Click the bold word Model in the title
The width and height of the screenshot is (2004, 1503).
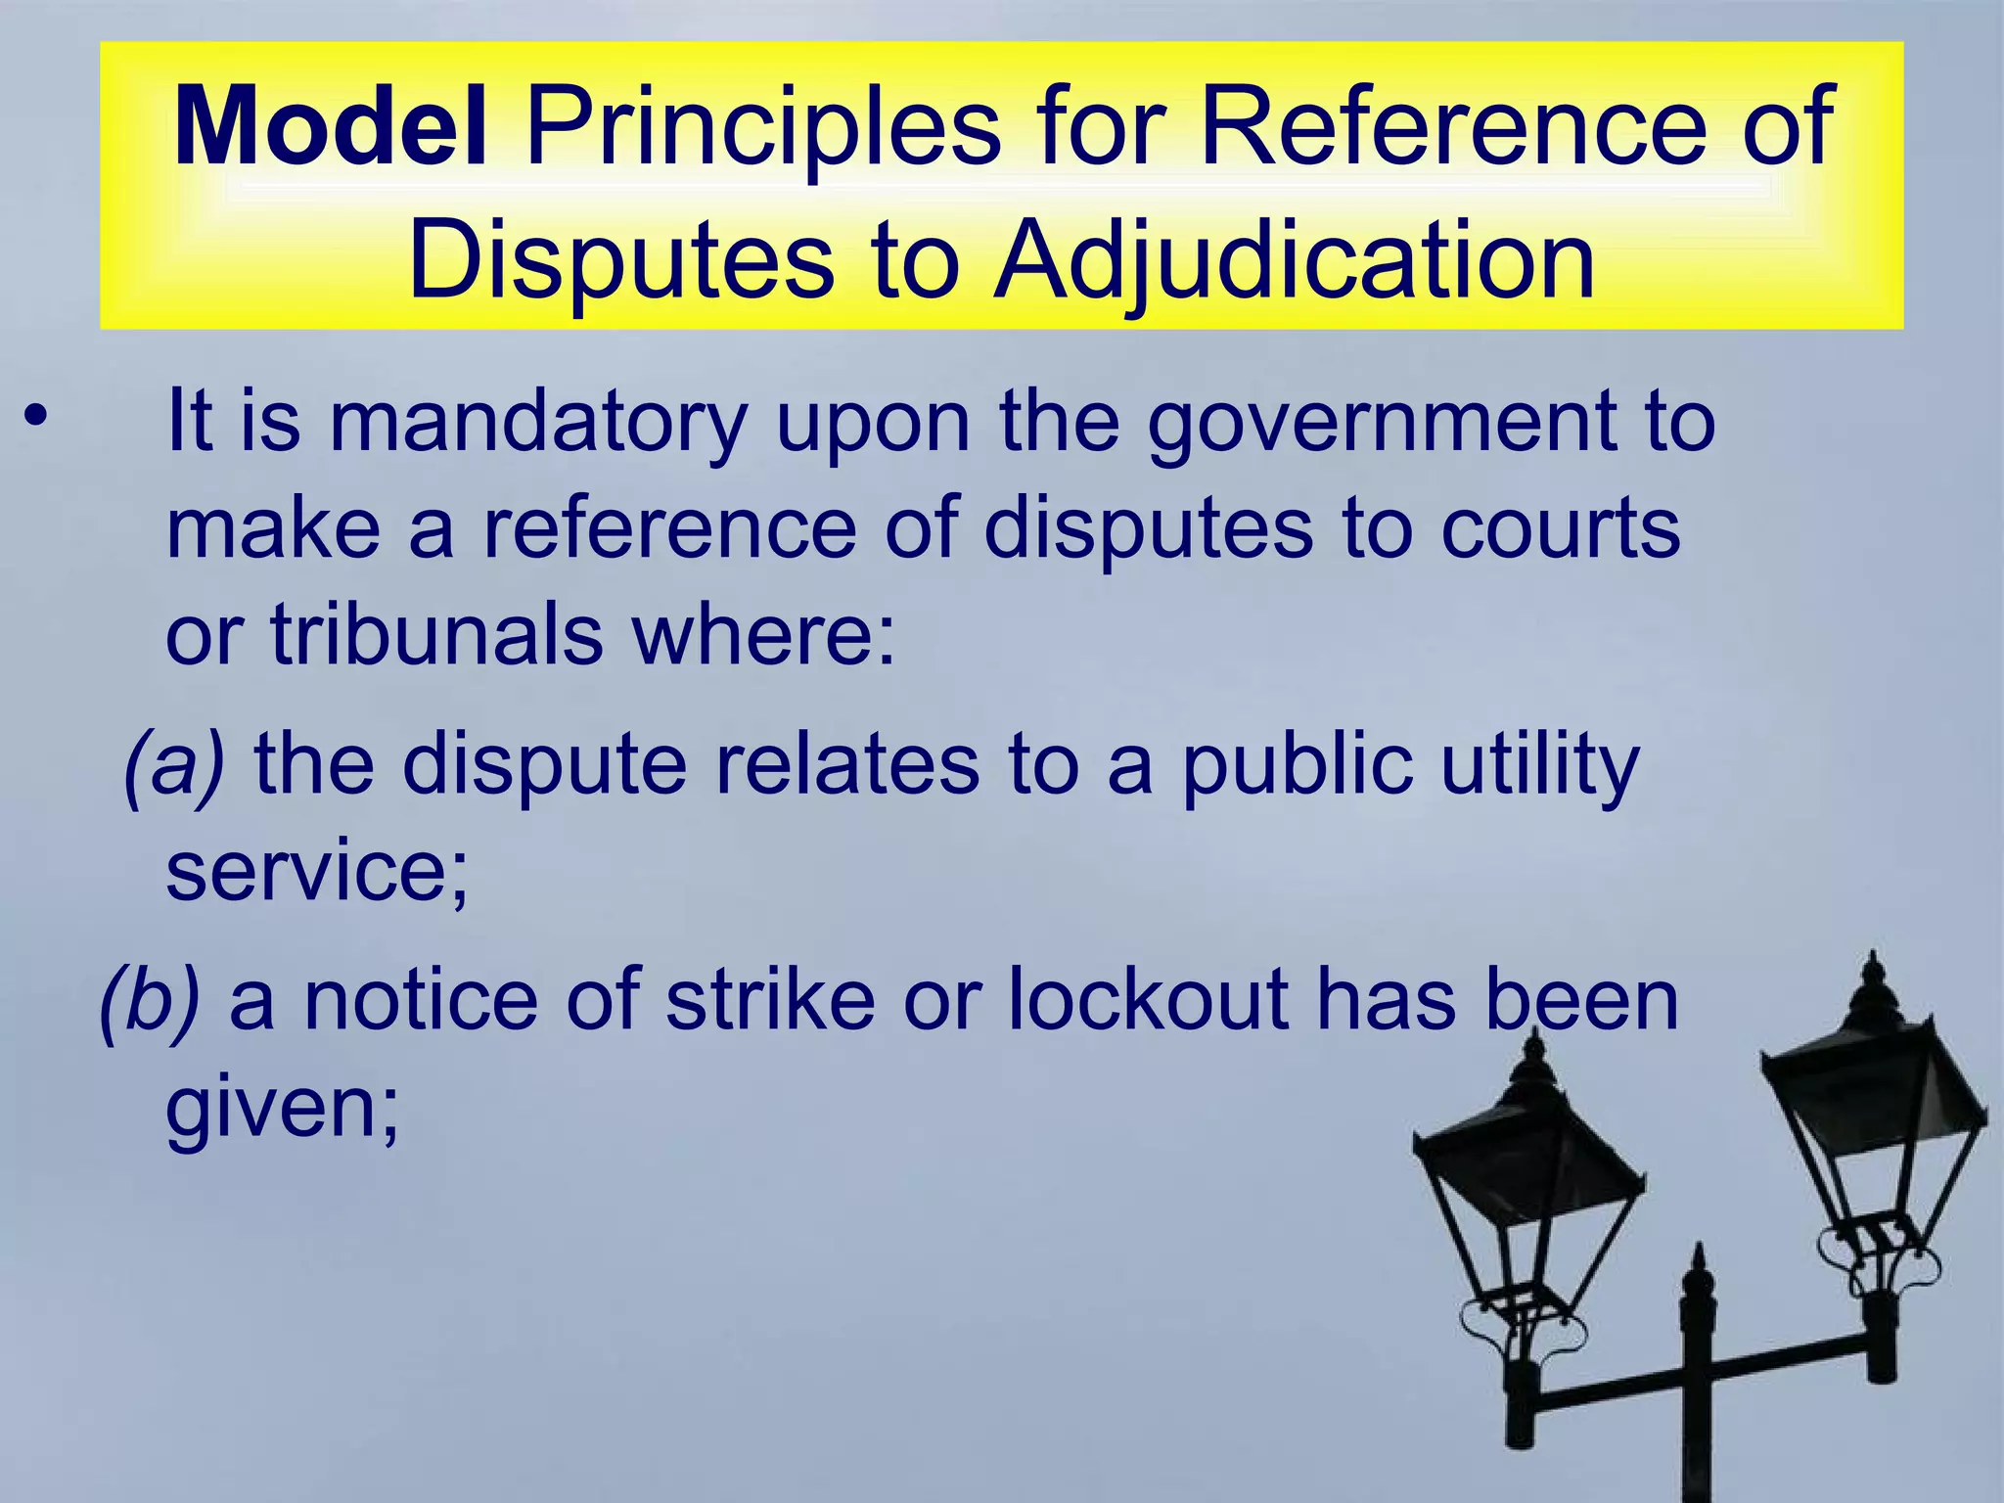[x=330, y=127]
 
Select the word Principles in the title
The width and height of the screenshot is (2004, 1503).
[x=763, y=127]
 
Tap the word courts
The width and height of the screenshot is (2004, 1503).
[x=1560, y=528]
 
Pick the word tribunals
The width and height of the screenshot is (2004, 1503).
[x=436, y=635]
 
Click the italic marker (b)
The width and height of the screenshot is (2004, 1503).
[x=150, y=999]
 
